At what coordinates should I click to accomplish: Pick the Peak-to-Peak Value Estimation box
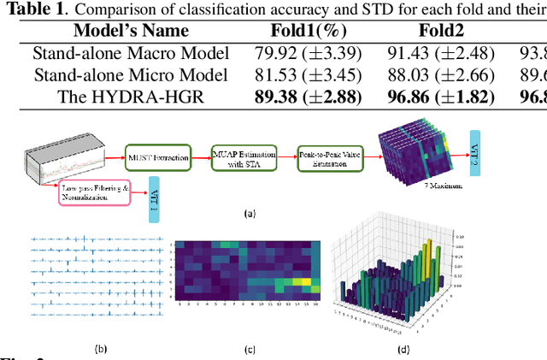(x=329, y=156)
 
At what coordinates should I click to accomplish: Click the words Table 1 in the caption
(x=32, y=9)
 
